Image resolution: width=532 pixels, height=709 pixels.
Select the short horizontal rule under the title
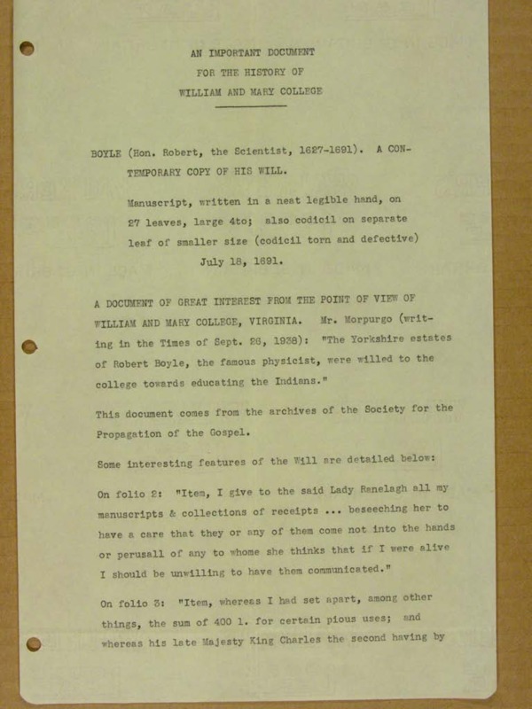coord(251,107)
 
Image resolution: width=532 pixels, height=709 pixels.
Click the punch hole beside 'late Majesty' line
coord(33,643)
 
